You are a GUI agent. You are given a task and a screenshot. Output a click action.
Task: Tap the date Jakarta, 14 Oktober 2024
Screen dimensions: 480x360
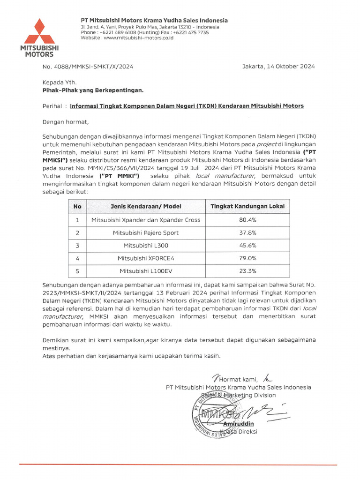(x=278, y=66)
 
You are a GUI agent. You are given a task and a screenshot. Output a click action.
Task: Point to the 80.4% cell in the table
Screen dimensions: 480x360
(x=247, y=220)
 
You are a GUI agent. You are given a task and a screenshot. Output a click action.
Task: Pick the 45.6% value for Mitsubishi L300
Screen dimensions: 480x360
(x=247, y=245)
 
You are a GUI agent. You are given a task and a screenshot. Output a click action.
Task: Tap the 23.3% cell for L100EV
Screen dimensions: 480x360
(x=247, y=270)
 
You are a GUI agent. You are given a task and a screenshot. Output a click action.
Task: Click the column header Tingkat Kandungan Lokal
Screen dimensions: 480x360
(x=247, y=206)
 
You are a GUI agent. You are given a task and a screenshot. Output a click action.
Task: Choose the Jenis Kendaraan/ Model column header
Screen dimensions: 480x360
(x=145, y=206)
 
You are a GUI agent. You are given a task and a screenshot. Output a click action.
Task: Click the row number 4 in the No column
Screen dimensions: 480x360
(x=77, y=258)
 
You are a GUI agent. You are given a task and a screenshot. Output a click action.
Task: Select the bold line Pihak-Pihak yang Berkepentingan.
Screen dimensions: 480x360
(x=93, y=90)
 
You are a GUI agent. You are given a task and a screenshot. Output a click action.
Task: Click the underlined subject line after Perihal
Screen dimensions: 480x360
(x=187, y=106)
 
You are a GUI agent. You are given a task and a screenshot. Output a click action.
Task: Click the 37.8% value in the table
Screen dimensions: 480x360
(x=247, y=232)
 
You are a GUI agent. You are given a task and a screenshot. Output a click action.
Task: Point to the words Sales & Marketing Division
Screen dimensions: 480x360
(x=239, y=395)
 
